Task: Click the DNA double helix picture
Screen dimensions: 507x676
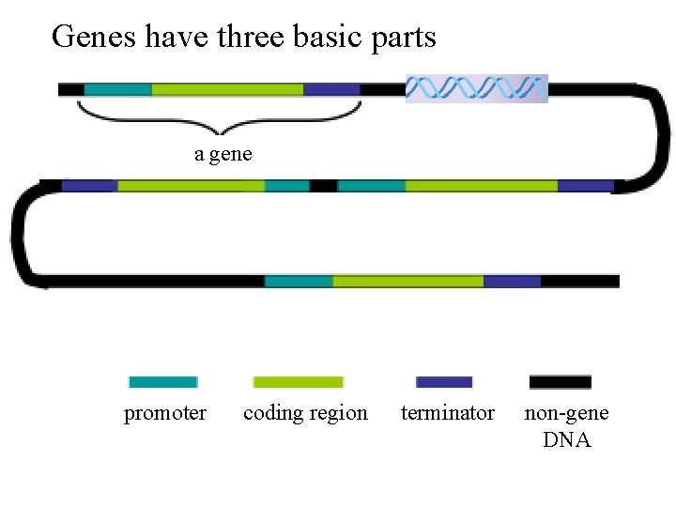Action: [x=476, y=88]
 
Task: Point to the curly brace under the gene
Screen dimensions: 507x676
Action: [x=220, y=117]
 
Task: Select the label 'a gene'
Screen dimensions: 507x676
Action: [x=223, y=154]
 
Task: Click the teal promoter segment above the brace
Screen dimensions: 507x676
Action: [x=117, y=89]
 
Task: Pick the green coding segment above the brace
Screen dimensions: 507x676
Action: [x=227, y=89]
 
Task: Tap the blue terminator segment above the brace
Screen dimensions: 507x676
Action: [x=331, y=89]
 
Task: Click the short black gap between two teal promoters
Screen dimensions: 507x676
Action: [x=323, y=186]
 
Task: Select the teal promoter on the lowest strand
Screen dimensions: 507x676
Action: [x=299, y=281]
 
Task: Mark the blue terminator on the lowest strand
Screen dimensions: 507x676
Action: [x=512, y=281]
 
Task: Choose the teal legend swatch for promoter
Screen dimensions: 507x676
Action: [x=163, y=382]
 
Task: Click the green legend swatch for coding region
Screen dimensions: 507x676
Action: [x=299, y=382]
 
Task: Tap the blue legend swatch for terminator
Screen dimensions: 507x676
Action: [x=444, y=382]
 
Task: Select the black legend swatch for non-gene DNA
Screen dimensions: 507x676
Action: [x=561, y=382]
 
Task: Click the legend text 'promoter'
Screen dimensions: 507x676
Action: [x=165, y=413]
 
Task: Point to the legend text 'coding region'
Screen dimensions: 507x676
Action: [x=305, y=413]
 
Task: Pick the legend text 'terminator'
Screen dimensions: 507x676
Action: [x=447, y=413]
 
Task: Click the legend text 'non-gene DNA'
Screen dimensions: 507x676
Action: [x=566, y=426]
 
